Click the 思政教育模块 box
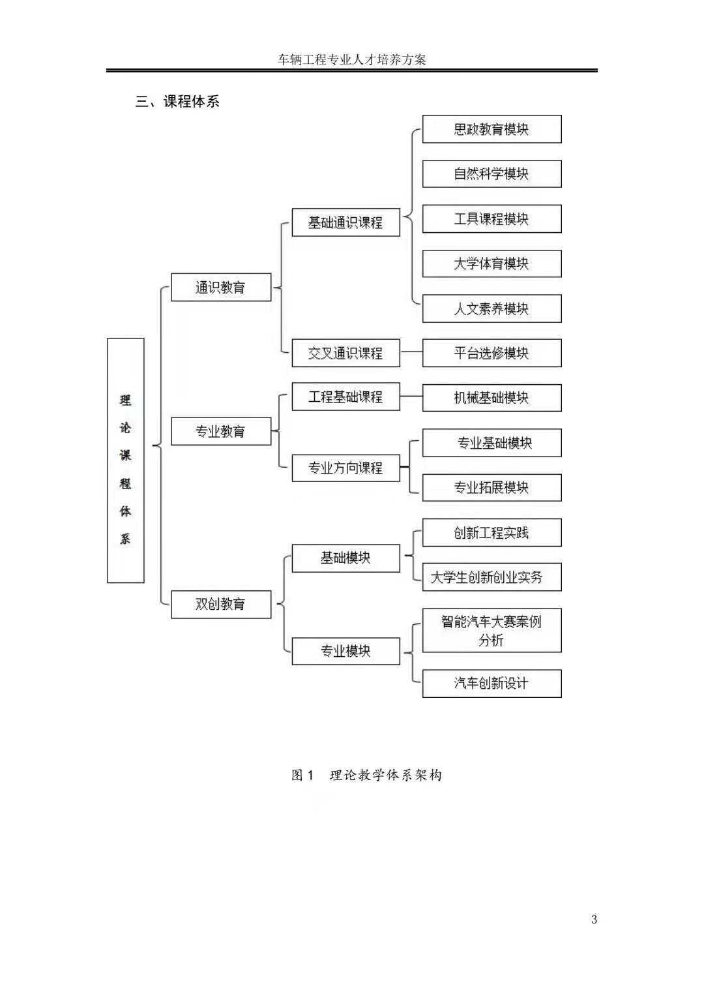(x=491, y=129)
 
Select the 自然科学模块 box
(x=491, y=174)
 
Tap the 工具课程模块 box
(x=491, y=219)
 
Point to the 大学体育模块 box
(x=491, y=264)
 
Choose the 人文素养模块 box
(x=491, y=309)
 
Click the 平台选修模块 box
(x=491, y=353)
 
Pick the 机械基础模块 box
(x=491, y=398)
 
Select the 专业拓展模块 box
(x=491, y=487)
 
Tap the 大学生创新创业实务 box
(x=491, y=577)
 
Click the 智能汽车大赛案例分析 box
(x=491, y=631)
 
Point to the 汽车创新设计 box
(x=491, y=684)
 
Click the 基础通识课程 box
(x=345, y=222)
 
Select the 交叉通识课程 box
(x=345, y=353)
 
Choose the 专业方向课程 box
(x=345, y=468)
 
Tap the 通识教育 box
(x=220, y=287)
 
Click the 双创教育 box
(x=220, y=604)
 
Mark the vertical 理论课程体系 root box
(x=125, y=460)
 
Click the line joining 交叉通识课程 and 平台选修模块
(x=411, y=353)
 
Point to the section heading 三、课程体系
(x=177, y=101)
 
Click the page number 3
(x=594, y=919)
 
